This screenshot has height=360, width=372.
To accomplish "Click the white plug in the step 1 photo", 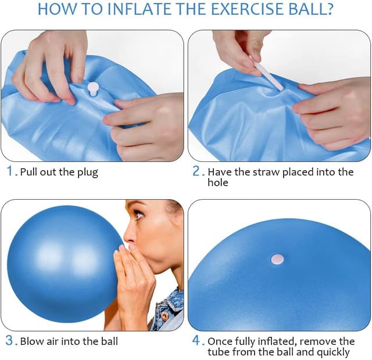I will tap(93, 89).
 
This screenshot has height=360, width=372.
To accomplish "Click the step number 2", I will tap(196, 171).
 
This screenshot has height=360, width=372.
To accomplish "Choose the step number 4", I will tap(197, 341).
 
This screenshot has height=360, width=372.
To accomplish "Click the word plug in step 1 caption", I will tap(88, 172).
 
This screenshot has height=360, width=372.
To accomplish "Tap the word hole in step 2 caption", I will tap(218, 183).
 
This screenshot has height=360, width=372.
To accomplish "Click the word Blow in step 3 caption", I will tap(32, 341).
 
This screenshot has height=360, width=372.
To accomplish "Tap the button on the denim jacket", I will tap(166, 316).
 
